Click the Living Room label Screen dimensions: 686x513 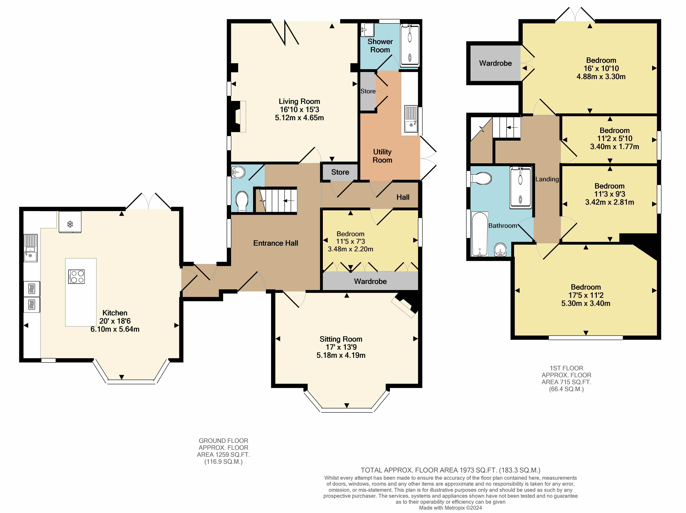click(299, 101)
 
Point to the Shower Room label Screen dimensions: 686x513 click(380, 46)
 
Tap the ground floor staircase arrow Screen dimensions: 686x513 click(289, 201)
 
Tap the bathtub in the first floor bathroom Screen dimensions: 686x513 click(479, 234)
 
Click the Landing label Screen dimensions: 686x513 click(547, 179)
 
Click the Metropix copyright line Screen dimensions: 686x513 click(450, 508)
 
